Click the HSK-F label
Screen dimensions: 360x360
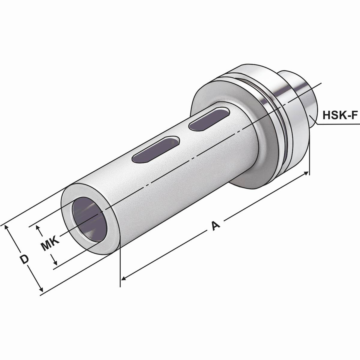(340, 115)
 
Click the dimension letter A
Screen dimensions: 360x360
(215, 225)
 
